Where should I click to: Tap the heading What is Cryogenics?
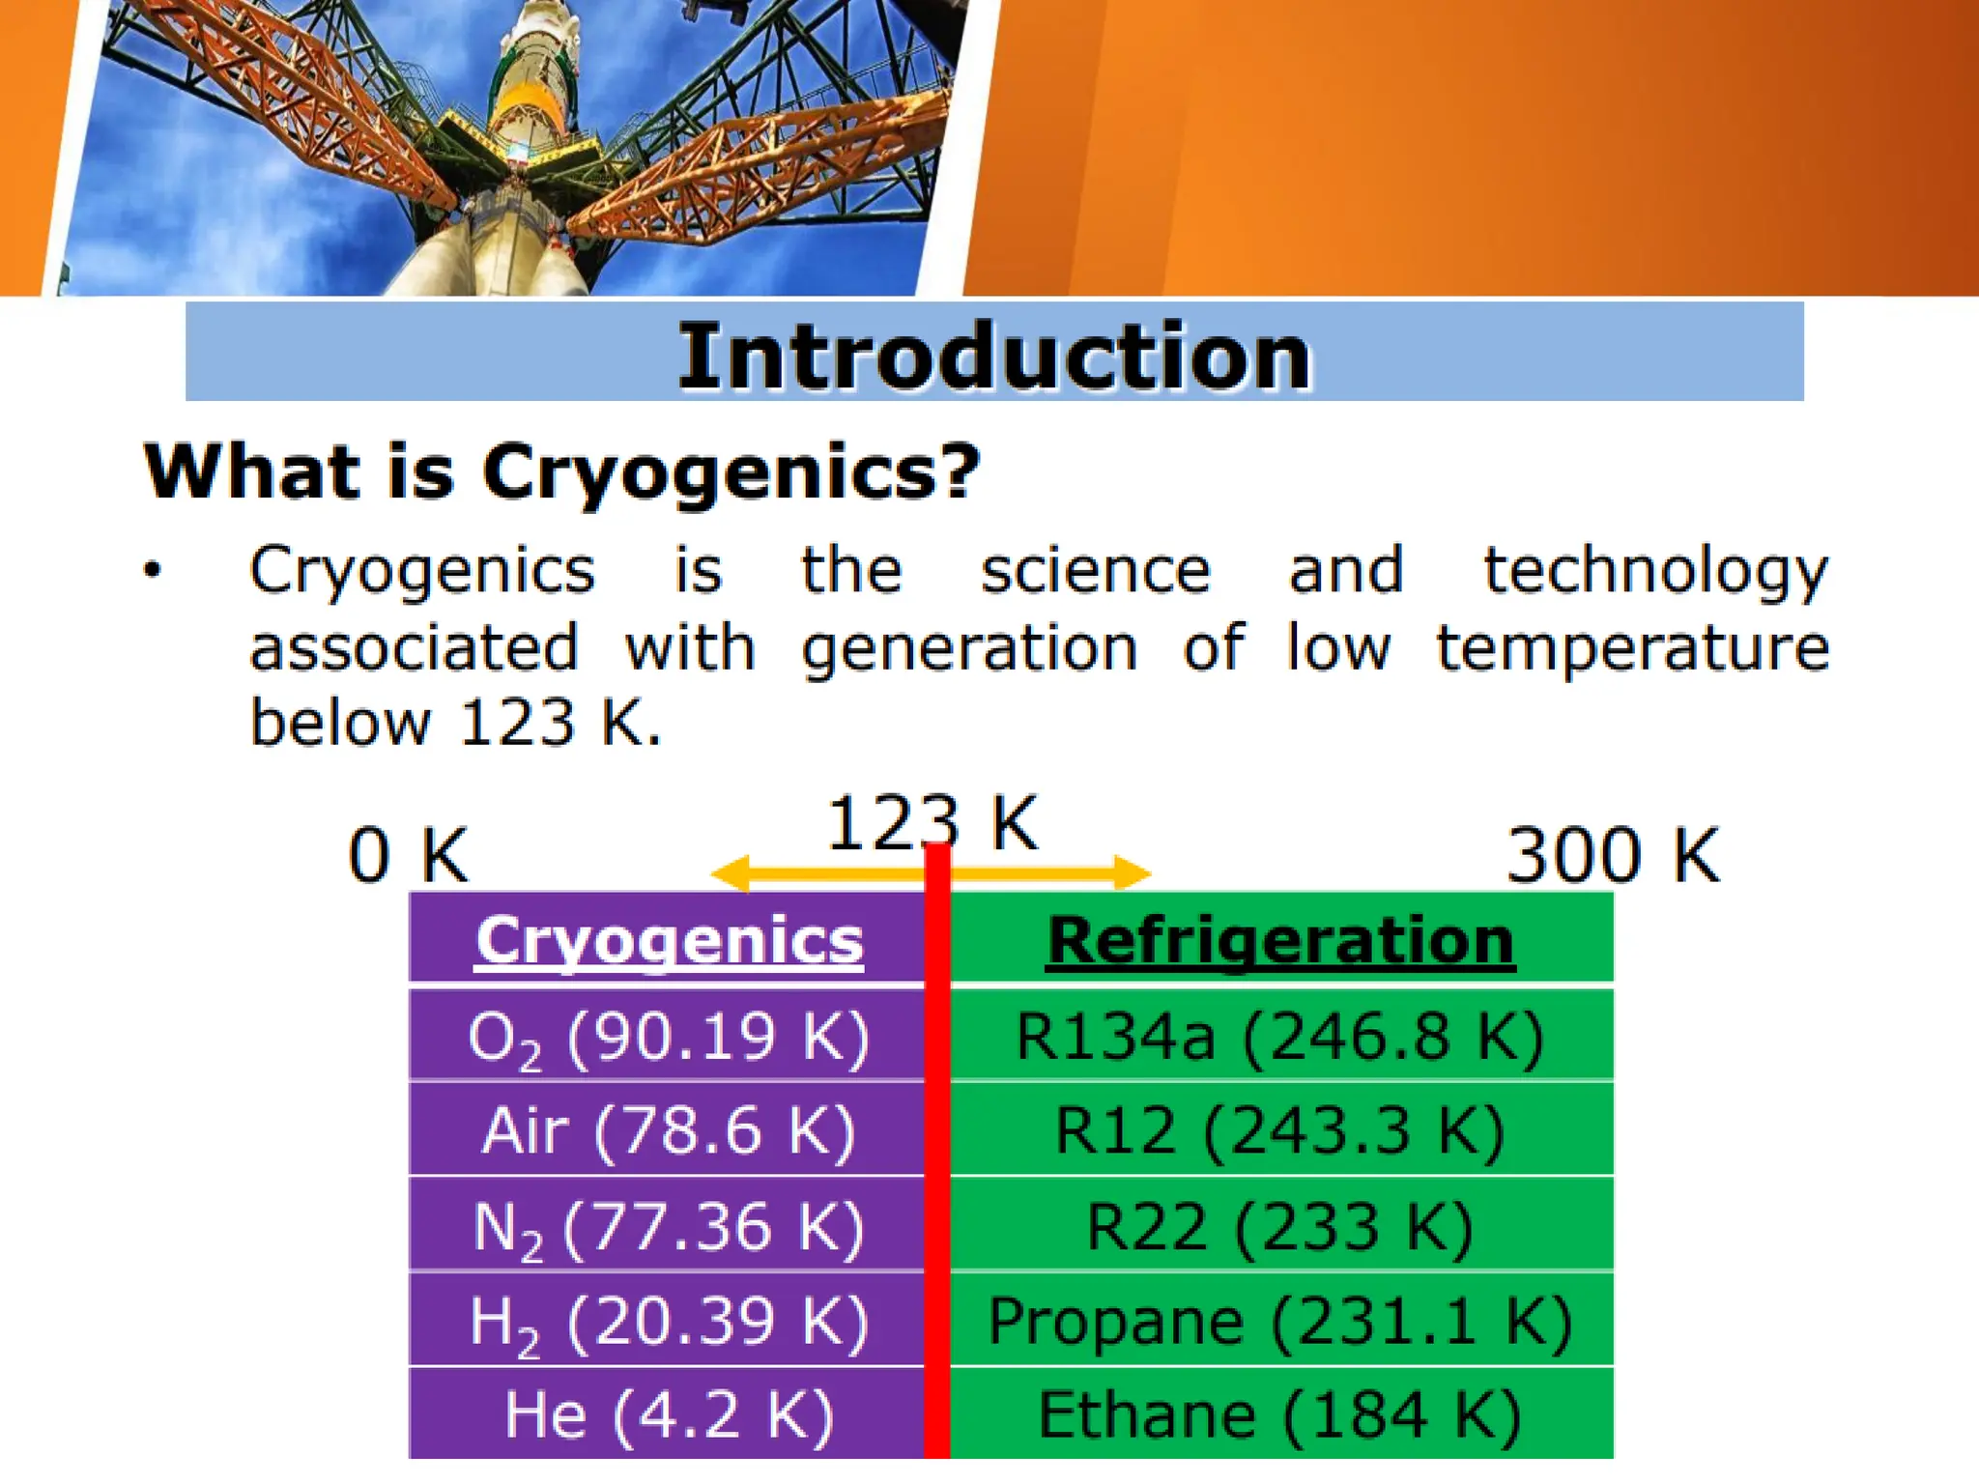[561, 472]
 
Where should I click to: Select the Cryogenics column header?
[669, 940]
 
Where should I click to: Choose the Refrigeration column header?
[1281, 940]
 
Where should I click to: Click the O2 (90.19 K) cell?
[669, 1037]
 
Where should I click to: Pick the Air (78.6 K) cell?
[669, 1130]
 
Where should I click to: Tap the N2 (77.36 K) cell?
[669, 1226]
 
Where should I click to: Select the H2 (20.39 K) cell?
[669, 1321]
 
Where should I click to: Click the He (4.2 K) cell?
[669, 1414]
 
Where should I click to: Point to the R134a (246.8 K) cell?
[1281, 1037]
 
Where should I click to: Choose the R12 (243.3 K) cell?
[1281, 1130]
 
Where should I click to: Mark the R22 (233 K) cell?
[1281, 1226]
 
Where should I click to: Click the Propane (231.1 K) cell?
[1281, 1321]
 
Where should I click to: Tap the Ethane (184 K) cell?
[1281, 1414]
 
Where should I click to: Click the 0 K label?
[408, 855]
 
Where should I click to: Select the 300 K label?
[1613, 855]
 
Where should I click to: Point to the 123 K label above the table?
[932, 824]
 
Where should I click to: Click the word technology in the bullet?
[1655, 571]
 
